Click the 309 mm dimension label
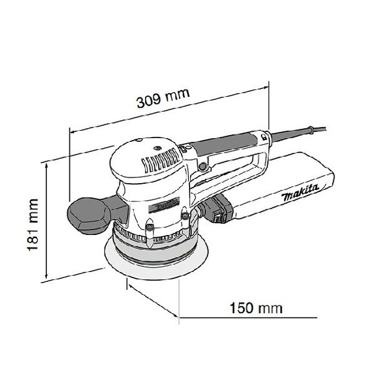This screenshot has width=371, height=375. (163, 98)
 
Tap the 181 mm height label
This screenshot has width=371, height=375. (33, 224)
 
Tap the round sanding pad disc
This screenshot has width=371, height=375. (156, 258)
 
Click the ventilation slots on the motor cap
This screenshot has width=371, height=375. (161, 160)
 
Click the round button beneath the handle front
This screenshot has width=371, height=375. (203, 166)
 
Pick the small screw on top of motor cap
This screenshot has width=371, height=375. (157, 148)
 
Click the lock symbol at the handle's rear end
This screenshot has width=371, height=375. (263, 137)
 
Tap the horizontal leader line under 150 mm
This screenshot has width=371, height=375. (248, 318)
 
